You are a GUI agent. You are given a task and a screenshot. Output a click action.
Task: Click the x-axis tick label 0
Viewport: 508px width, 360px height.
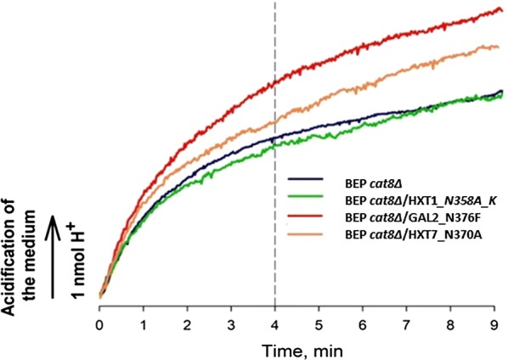click(x=100, y=323)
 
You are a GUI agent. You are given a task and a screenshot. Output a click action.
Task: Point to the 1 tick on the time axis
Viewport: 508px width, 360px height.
click(x=144, y=323)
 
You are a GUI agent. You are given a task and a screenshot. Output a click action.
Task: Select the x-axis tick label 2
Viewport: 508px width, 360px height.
click(x=188, y=323)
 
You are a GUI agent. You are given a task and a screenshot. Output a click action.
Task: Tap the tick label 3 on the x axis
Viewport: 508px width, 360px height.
click(x=231, y=323)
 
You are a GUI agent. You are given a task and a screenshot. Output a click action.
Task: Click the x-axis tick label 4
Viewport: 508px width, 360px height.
click(x=275, y=323)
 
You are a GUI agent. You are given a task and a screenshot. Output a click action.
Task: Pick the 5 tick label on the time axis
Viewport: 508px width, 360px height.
click(x=319, y=323)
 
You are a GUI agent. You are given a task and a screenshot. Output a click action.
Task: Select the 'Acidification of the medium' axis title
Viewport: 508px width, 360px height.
click(x=20, y=228)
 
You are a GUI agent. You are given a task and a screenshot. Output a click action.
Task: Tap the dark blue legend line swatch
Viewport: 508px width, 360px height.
click(x=305, y=179)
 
